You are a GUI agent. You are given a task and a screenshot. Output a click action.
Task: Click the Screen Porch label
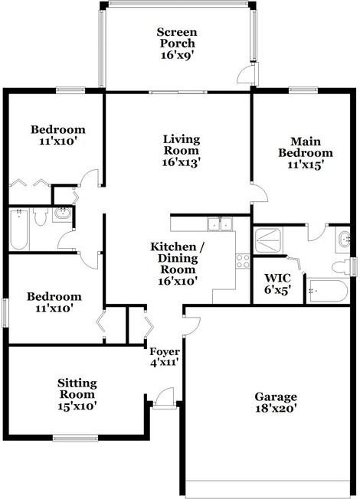click(x=177, y=38)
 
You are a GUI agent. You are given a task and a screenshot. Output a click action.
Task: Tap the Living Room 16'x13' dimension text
click(x=181, y=162)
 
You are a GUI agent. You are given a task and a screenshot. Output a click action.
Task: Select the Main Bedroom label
click(x=305, y=147)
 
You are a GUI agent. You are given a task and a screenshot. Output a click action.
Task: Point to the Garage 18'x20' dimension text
click(x=276, y=408)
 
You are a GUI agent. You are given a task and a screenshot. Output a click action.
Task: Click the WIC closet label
click(x=277, y=278)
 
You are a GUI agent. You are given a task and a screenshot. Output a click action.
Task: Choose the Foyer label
click(x=165, y=351)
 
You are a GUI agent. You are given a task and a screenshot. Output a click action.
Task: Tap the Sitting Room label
click(x=77, y=389)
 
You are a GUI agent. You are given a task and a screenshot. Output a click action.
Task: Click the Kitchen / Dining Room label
click(x=178, y=258)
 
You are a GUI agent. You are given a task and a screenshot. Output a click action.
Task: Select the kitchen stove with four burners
click(x=243, y=261)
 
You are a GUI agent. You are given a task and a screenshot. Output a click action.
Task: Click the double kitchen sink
click(x=220, y=223)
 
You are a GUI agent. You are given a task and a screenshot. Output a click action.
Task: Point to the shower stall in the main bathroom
click(x=268, y=240)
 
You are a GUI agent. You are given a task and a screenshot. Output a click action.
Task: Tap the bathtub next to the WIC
click(x=327, y=291)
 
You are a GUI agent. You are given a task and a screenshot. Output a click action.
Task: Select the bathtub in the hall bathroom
click(x=18, y=230)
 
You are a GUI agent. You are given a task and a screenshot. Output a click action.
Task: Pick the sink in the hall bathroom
click(x=62, y=214)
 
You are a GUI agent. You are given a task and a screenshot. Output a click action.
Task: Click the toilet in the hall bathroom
click(x=40, y=216)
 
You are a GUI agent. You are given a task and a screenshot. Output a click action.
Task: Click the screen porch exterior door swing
click(x=247, y=74)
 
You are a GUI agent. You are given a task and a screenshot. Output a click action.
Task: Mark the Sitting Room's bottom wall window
click(x=76, y=439)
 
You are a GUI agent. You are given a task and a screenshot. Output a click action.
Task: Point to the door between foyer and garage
click(x=192, y=326)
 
